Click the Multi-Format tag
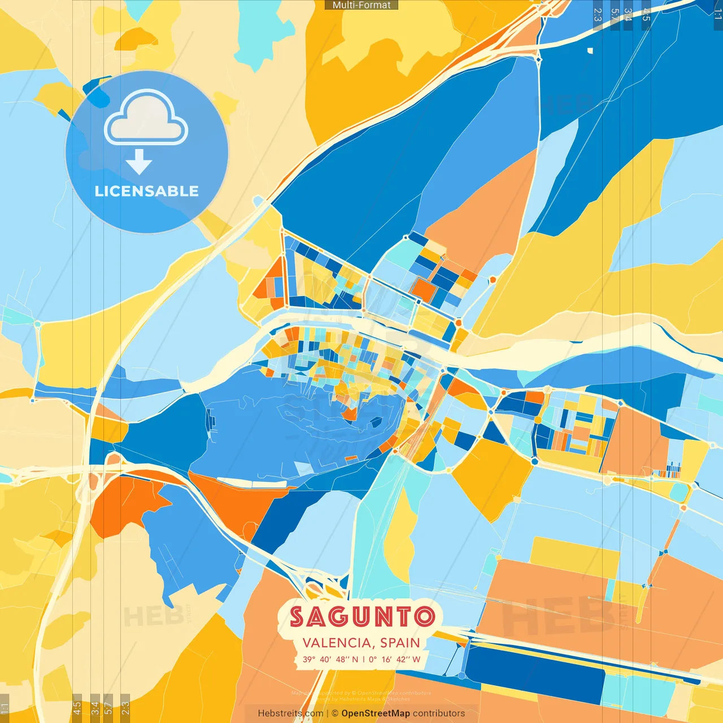tap(361, 5)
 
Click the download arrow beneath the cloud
tap(139, 162)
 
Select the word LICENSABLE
tap(147, 191)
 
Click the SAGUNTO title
tap(362, 617)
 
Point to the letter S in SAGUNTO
tap(298, 617)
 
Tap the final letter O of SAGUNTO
tap(424, 617)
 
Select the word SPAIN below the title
tap(400, 643)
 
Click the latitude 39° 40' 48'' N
tap(330, 659)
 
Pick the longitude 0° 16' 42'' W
tap(395, 659)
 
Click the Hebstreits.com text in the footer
tap(290, 713)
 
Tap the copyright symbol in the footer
tap(334, 713)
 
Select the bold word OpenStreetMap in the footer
tap(376, 713)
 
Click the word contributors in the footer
tap(439, 713)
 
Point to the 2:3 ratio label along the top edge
tap(598, 15)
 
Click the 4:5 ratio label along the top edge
tap(646, 15)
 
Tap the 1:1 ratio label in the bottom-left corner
tap(5, 708)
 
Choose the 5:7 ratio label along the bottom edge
tap(108, 708)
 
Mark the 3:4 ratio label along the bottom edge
tap(95, 708)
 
